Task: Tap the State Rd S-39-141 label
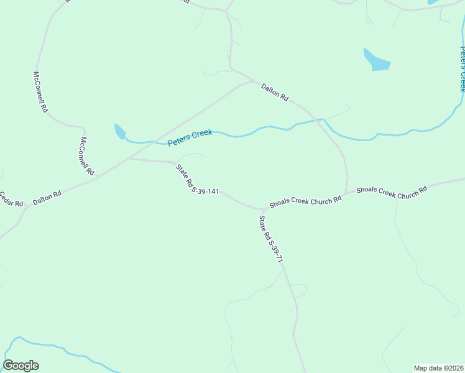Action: (197, 180)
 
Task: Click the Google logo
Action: (21, 366)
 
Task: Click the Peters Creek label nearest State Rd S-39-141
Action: (190, 137)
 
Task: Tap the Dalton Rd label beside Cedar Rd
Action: (47, 198)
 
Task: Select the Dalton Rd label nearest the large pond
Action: (275, 93)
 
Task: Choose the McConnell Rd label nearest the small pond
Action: (86, 156)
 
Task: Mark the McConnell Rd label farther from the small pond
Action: (40, 91)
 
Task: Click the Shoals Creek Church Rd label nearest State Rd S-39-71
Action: (305, 202)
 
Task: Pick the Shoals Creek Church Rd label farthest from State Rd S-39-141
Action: (392, 191)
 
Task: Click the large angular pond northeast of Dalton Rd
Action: (376, 60)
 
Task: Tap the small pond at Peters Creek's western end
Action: (119, 131)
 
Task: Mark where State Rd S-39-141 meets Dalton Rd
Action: (127, 159)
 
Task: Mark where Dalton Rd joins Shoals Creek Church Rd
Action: (346, 193)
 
